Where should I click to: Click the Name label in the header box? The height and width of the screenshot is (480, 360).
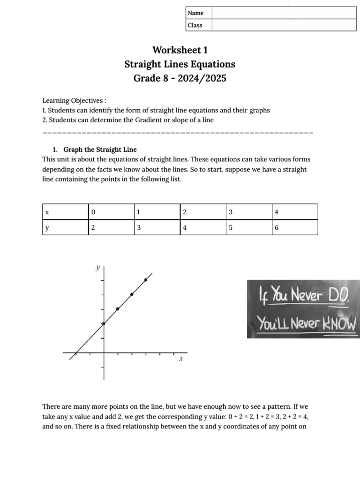click(x=195, y=13)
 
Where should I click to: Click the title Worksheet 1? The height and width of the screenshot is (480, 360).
click(x=180, y=50)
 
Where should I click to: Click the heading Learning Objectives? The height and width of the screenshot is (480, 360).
click(x=74, y=101)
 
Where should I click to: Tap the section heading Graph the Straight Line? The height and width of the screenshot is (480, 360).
click(x=100, y=150)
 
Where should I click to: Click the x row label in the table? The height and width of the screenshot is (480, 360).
click(x=47, y=212)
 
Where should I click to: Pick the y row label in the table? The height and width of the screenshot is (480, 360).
click(x=47, y=228)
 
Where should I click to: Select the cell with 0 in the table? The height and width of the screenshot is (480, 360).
click(x=93, y=212)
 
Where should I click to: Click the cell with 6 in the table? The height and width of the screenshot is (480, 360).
click(x=277, y=228)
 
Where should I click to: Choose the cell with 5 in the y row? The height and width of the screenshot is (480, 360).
click(x=231, y=228)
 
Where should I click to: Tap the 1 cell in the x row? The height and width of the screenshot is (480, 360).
click(x=138, y=212)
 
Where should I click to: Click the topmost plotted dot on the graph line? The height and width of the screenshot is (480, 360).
click(x=146, y=280)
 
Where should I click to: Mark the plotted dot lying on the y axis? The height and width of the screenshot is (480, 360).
click(x=104, y=323)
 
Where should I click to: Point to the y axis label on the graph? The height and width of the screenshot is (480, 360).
click(x=98, y=267)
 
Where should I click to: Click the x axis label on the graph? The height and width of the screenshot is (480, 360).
click(x=180, y=359)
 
